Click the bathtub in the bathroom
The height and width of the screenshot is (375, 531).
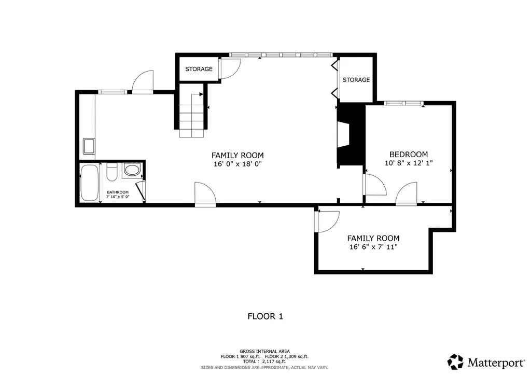click(x=90, y=183)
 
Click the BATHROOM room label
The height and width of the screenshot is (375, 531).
click(x=118, y=192)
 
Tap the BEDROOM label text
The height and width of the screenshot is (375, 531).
click(x=409, y=154)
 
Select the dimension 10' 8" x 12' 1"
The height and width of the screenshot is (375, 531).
click(x=409, y=163)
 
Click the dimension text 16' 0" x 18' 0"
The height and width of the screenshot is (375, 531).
click(x=237, y=164)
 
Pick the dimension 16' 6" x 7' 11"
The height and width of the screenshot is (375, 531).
click(x=373, y=247)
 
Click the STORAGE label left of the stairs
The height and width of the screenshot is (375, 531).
click(x=199, y=69)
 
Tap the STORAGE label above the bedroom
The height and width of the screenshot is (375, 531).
click(x=356, y=80)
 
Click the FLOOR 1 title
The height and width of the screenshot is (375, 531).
click(x=265, y=316)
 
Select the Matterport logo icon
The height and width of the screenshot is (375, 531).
click(x=455, y=362)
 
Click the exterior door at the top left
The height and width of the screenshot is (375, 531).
click(x=143, y=82)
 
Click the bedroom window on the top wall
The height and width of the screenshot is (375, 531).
click(x=403, y=103)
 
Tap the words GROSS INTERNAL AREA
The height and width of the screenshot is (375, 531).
click(x=264, y=351)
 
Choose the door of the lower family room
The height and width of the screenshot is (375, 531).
click(x=327, y=222)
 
